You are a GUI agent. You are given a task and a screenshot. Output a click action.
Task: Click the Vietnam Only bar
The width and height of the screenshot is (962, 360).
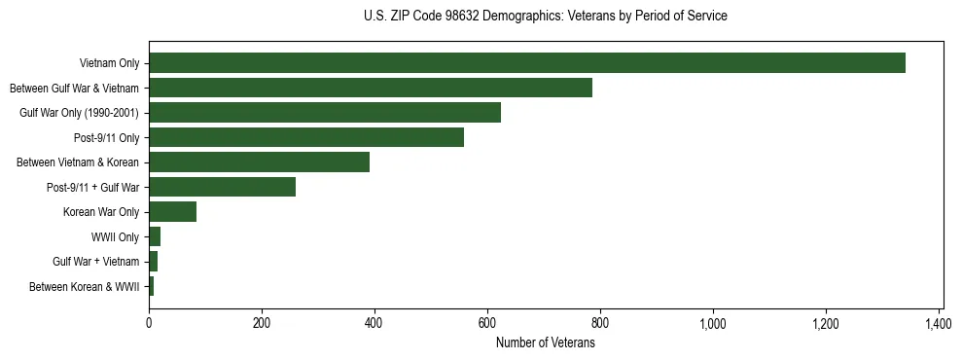[x=526, y=63]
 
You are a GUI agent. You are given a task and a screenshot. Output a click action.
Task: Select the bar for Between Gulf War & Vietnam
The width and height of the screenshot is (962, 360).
[x=370, y=88]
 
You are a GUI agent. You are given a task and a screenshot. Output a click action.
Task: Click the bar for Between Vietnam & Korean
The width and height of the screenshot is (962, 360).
[x=259, y=162]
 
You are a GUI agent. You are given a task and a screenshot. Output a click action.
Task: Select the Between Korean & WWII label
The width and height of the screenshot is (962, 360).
[x=85, y=286]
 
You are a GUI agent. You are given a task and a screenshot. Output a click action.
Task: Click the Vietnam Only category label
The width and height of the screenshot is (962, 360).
[x=109, y=63]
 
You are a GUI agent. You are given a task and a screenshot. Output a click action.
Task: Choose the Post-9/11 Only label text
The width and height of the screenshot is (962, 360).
[x=107, y=137]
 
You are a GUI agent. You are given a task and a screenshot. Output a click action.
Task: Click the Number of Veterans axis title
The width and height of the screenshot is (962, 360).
[x=545, y=342]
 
